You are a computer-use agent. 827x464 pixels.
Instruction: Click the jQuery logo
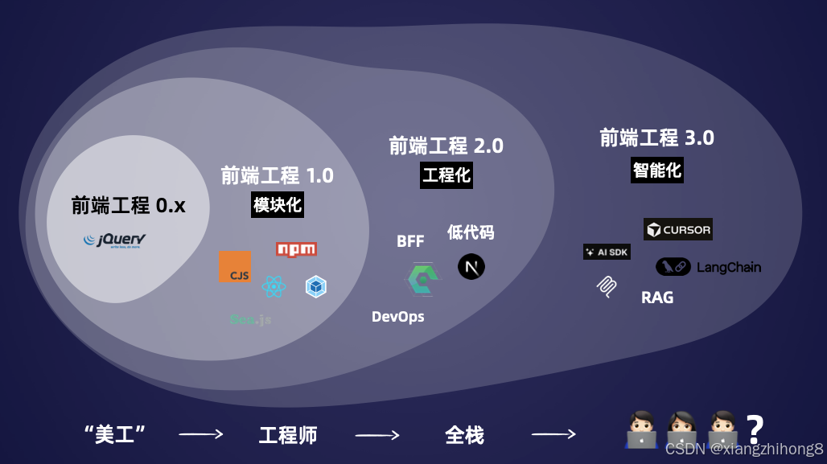(x=115, y=240)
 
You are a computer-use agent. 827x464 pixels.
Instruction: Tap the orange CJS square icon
(x=234, y=267)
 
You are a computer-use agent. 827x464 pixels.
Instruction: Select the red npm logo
(x=296, y=249)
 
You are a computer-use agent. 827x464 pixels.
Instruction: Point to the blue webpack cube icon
(x=315, y=286)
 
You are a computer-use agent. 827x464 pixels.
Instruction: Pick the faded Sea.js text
(x=250, y=319)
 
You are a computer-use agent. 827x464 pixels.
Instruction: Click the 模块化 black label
(x=278, y=205)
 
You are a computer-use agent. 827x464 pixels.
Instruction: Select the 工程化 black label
(x=446, y=175)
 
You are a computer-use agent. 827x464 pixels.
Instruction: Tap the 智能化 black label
(x=657, y=170)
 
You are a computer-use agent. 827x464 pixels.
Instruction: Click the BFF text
(x=410, y=242)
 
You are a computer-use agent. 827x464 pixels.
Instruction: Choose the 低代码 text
(x=471, y=233)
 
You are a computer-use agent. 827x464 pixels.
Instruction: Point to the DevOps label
(x=397, y=317)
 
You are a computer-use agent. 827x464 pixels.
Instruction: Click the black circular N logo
(x=471, y=266)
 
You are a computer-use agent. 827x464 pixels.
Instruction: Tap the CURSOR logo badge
(x=678, y=230)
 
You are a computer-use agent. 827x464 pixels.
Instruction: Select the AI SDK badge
(x=607, y=252)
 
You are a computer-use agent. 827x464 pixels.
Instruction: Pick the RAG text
(x=657, y=298)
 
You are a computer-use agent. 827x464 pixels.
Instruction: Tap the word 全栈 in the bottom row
(x=464, y=436)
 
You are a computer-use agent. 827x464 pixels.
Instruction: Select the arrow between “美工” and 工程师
(x=200, y=435)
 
